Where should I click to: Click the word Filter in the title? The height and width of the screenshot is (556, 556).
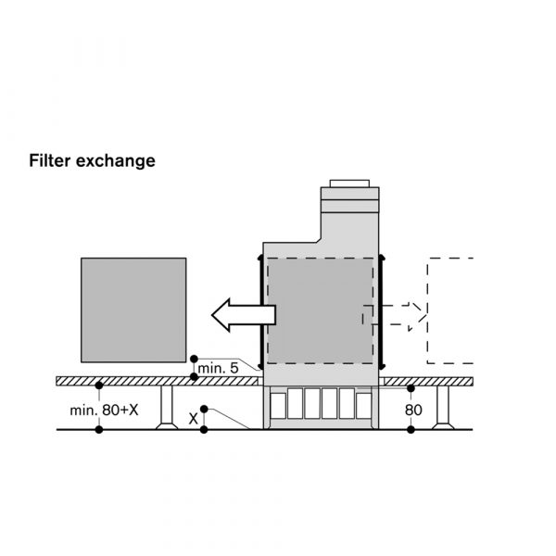tap(49, 160)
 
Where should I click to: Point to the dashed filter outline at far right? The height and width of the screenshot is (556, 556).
tap(450, 310)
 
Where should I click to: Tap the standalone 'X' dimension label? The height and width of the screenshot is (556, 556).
tap(194, 418)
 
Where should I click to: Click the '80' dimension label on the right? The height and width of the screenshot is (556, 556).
tap(415, 408)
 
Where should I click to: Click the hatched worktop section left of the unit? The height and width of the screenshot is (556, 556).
tap(158, 381)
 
